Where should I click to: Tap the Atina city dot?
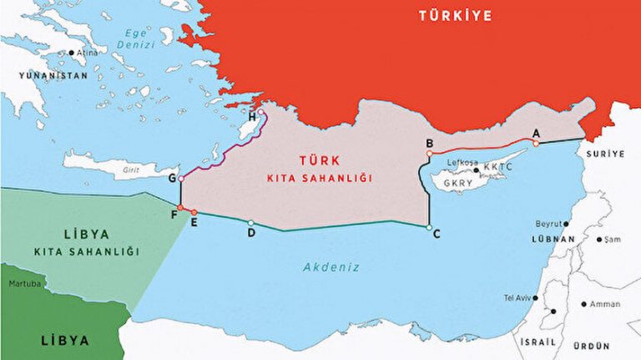72,53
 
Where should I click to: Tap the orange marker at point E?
194,212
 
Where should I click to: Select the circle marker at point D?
251,222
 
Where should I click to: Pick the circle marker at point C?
428,227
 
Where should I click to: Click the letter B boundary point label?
429,143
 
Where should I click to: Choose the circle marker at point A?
536,143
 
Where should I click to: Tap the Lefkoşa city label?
462,162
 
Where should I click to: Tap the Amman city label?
604,304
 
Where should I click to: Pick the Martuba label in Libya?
25,284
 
